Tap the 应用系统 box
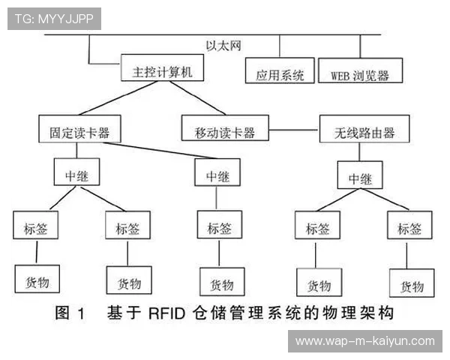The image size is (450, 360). (280, 74)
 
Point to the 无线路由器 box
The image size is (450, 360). (365, 132)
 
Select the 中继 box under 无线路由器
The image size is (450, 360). (364, 178)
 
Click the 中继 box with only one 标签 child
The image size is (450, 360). (218, 175)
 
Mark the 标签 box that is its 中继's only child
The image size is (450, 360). (219, 226)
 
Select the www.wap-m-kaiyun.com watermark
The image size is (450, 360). (364, 341)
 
